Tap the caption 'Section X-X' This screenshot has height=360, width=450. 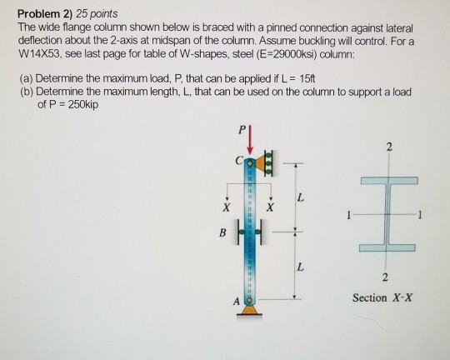(381, 297)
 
